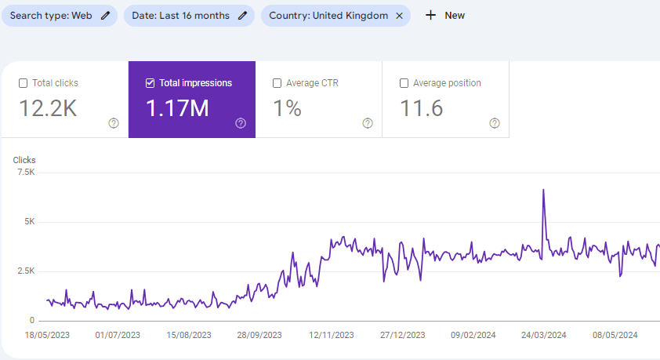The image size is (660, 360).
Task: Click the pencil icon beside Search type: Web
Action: (105, 16)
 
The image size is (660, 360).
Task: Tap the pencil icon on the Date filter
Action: (242, 16)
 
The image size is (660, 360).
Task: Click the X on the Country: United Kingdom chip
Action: (400, 16)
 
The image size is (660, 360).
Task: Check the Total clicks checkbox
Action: (24, 83)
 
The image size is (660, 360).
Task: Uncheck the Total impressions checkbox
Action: (150, 83)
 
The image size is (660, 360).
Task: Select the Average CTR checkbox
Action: (277, 83)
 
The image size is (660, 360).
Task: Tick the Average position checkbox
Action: (404, 83)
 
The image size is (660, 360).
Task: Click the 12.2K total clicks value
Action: (48, 108)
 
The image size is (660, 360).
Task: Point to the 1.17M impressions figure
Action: (177, 108)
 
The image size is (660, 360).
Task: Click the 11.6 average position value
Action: (422, 108)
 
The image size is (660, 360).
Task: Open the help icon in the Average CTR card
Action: (368, 123)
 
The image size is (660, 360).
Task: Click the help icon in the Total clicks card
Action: (114, 123)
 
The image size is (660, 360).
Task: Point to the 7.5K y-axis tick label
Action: (26, 173)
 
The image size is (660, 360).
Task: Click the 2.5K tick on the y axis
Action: (26, 271)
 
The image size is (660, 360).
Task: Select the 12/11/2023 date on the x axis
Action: (332, 335)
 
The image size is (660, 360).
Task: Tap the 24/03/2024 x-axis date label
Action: (544, 335)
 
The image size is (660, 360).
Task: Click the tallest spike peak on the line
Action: (543, 190)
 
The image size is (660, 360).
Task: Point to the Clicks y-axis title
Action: (24, 160)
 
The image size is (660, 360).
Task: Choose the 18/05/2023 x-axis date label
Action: (47, 335)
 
